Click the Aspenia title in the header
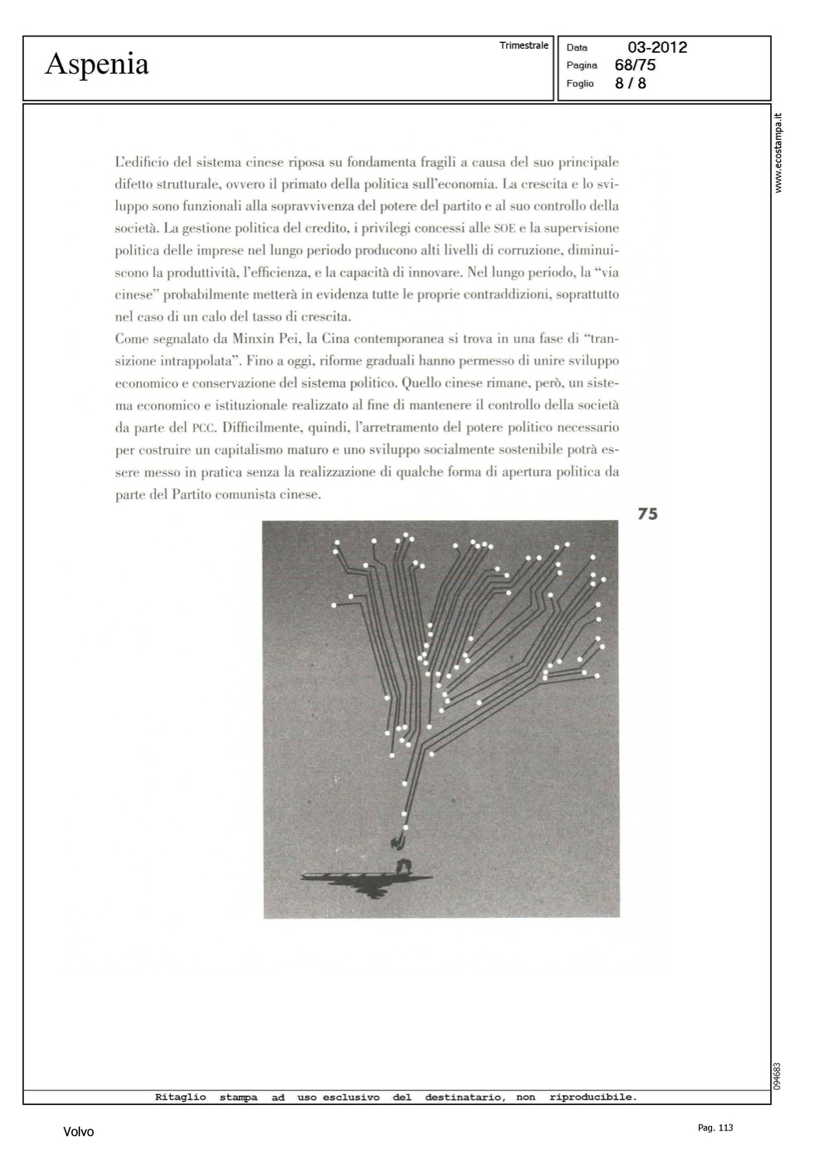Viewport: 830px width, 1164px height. pos(96,64)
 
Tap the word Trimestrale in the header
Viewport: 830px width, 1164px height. pos(523,46)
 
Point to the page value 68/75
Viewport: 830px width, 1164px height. pos(635,65)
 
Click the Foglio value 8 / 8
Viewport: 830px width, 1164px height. pos(630,83)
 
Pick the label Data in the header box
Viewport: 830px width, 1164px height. pos(577,48)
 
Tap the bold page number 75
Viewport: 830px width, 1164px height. pos(648,514)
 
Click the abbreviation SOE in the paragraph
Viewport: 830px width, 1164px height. pos(505,229)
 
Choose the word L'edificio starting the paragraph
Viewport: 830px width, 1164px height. pos(142,162)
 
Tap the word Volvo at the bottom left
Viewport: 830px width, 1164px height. pos(78,1132)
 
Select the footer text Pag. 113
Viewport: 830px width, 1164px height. pos(715,1128)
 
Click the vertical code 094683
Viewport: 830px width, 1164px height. pos(778,1076)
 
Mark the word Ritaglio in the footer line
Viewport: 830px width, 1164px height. pos(180,1097)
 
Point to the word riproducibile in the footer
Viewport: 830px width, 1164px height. pos(592,1097)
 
